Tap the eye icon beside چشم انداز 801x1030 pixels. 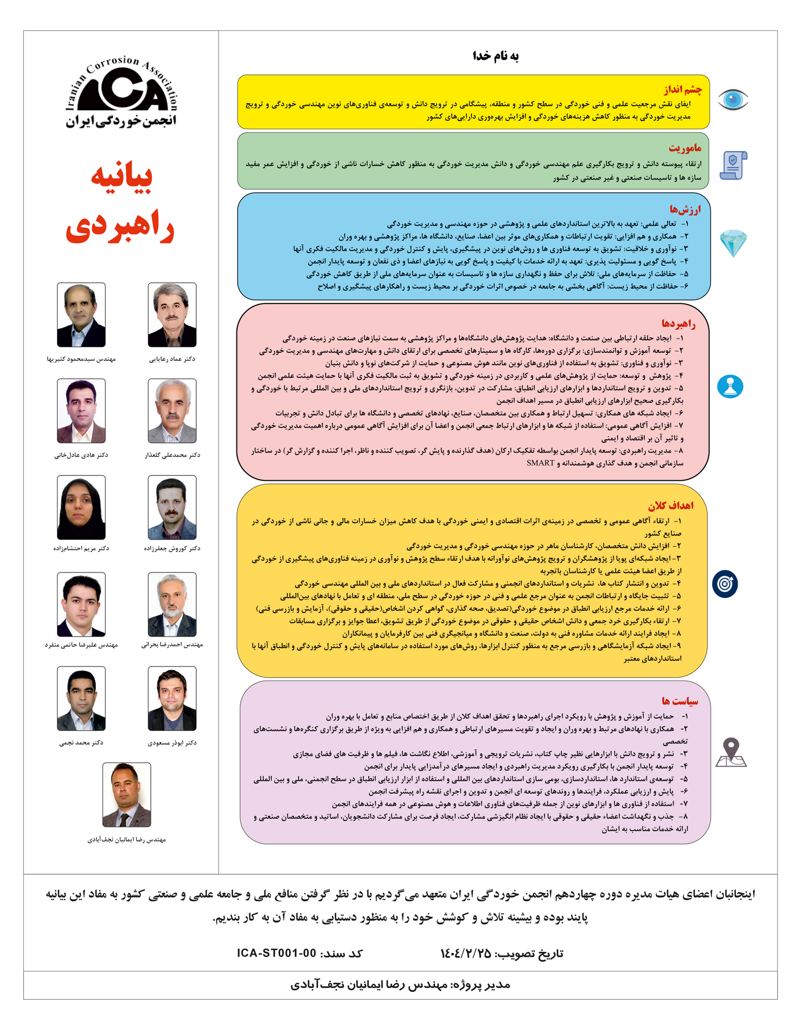click(x=733, y=100)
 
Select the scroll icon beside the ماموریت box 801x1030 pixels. click(x=733, y=165)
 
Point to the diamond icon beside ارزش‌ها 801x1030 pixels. click(x=733, y=243)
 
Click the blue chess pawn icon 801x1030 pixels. click(x=730, y=386)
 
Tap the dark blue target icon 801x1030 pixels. click(x=725, y=584)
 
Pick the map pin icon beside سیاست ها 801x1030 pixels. click(x=731, y=753)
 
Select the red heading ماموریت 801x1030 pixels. click(x=685, y=148)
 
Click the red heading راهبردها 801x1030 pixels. click(x=678, y=324)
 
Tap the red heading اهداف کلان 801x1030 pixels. click(x=671, y=505)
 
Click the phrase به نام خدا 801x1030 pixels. click(x=496, y=56)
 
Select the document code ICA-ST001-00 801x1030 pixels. click(x=277, y=953)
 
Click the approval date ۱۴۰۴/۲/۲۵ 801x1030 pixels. click(x=465, y=953)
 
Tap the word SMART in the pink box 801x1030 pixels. click(x=541, y=463)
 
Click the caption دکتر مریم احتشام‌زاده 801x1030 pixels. click(x=81, y=549)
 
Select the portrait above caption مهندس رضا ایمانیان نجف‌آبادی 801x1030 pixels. click(x=126, y=794)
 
